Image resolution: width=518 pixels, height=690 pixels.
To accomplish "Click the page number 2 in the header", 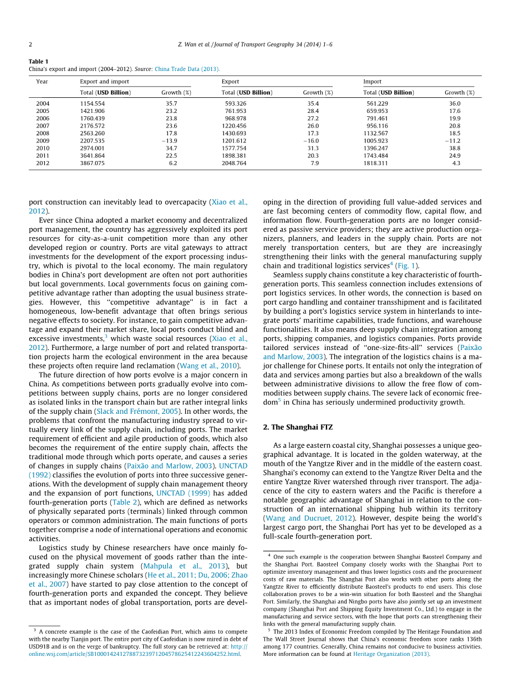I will (30, 45).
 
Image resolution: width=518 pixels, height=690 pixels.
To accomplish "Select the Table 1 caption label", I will (39, 62).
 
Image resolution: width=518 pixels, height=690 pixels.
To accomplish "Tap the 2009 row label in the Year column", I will (43, 141).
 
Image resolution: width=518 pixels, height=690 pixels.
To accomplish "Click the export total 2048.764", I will (234, 163).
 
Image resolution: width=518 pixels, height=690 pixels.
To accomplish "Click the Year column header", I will (42, 82).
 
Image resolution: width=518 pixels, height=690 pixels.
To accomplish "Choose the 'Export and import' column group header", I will (105, 82).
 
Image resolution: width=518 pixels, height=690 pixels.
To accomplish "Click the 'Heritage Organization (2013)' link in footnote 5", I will (391, 653).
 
